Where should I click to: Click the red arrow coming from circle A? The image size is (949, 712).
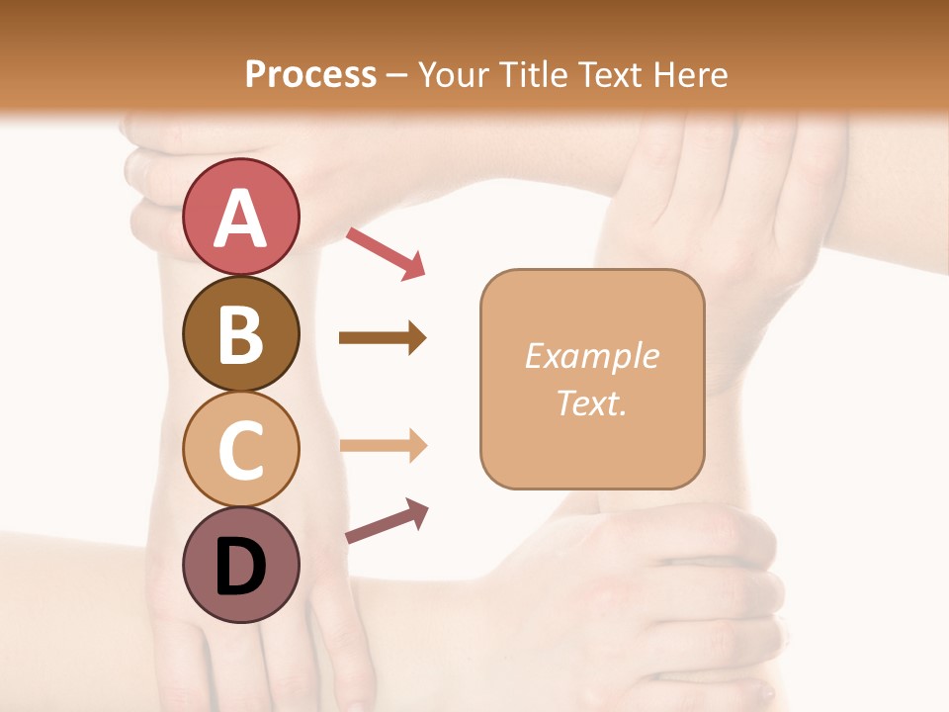click(386, 253)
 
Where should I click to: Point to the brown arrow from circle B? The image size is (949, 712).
click(383, 338)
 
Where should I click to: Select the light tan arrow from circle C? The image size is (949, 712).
click(383, 445)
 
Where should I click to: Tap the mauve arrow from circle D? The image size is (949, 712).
click(387, 521)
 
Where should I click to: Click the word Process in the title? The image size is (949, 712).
click(310, 74)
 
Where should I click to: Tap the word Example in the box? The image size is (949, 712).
click(591, 356)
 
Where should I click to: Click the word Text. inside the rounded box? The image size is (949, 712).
click(591, 402)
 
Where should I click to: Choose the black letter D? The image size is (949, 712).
click(240, 567)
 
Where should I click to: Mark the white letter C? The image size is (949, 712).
click(240, 450)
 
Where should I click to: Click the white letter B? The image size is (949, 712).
click(240, 333)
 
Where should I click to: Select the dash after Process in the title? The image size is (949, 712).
click(396, 74)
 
